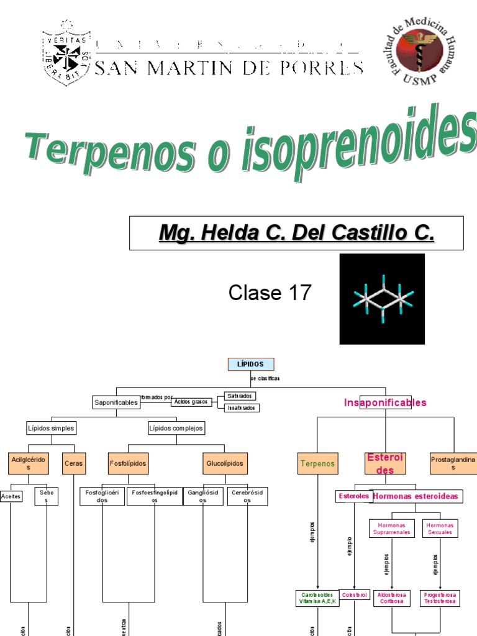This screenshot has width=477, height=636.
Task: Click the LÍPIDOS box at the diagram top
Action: pyautogui.click(x=251, y=365)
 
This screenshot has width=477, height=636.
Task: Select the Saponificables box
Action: pyautogui.click(x=116, y=402)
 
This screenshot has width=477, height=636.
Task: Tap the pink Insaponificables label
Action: pyautogui.click(x=385, y=402)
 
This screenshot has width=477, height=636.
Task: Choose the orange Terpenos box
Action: pyautogui.click(x=318, y=463)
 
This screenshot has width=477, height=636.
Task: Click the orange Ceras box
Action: pyautogui.click(x=73, y=463)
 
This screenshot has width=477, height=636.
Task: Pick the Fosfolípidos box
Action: pyautogui.click(x=129, y=463)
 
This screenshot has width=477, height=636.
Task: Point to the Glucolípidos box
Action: pyautogui.click(x=225, y=463)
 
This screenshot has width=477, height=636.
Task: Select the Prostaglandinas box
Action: pyautogui.click(x=453, y=463)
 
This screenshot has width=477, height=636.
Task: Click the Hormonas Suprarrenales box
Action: pyautogui.click(x=391, y=529)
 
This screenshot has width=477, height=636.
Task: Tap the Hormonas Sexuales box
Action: pyautogui.click(x=440, y=529)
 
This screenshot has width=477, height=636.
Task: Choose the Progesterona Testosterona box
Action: pyautogui.click(x=440, y=597)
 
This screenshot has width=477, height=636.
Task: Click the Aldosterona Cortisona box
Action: pyautogui.click(x=391, y=597)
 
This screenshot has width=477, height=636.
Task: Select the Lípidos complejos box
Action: pyautogui.click(x=176, y=428)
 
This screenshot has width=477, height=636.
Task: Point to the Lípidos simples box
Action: pyautogui.click(x=51, y=428)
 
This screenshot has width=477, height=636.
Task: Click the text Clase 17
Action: pyautogui.click(x=270, y=292)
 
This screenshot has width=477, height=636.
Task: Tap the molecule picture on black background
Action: pyautogui.click(x=382, y=299)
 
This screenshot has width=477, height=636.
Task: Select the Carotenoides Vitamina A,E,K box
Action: pyautogui.click(x=317, y=597)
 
